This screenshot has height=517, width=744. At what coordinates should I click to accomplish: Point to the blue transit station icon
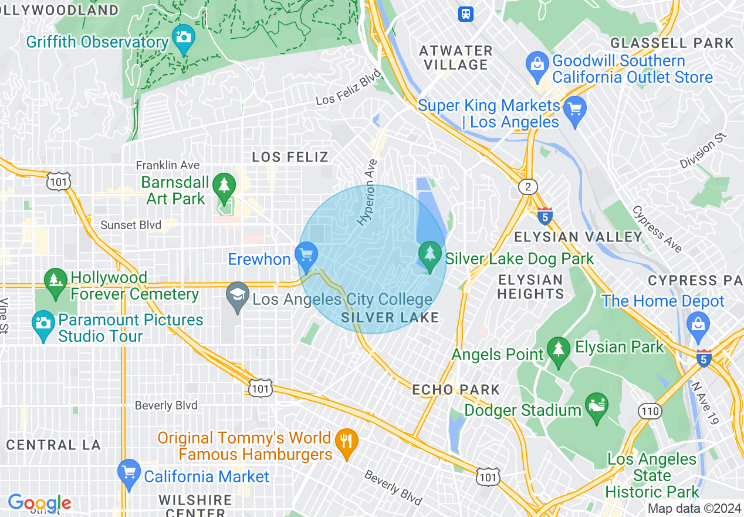(x=466, y=14)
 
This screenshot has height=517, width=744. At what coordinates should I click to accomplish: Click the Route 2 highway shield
(x=528, y=187)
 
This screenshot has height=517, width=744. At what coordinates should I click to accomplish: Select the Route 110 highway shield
(x=650, y=411)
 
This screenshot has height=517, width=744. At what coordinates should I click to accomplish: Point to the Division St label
(x=703, y=150)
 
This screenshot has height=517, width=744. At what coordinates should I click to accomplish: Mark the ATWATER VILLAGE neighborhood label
(x=456, y=58)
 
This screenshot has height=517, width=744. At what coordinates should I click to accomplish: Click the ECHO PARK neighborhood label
(x=456, y=390)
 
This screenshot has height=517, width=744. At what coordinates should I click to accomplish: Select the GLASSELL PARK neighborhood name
(x=672, y=43)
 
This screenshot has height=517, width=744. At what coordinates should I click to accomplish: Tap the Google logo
(x=39, y=503)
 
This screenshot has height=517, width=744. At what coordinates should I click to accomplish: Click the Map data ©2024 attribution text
(x=694, y=508)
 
